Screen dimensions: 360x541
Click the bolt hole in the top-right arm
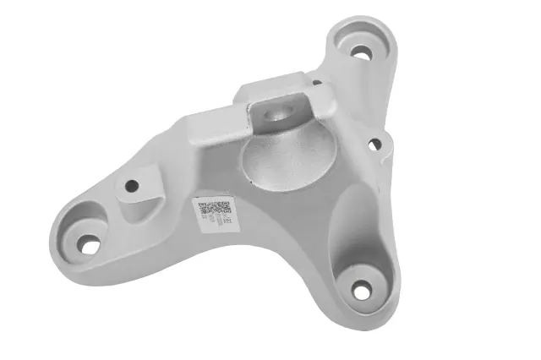click(361, 52)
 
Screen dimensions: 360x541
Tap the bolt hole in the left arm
click(88, 245)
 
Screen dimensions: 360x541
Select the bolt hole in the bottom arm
click(361, 292)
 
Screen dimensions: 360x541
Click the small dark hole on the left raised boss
click(131, 184)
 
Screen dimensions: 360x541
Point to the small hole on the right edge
click(373, 145)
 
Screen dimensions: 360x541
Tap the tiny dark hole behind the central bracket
click(317, 82)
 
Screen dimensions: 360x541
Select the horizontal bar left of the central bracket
click(218, 121)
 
